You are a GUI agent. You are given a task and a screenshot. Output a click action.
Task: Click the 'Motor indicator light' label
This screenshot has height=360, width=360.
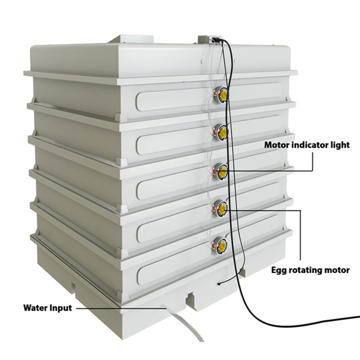pyautogui.click(x=307, y=145)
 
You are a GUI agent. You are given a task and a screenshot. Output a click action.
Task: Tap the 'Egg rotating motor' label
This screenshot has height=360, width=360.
pyautogui.click(x=311, y=270)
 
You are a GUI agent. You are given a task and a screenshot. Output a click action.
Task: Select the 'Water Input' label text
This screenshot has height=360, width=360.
pyautogui.click(x=48, y=308)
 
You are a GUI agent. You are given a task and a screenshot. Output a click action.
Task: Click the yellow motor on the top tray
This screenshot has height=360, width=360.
pyautogui.click(x=223, y=95)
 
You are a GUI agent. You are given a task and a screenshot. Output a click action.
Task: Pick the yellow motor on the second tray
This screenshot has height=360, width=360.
pyautogui.click(x=223, y=132)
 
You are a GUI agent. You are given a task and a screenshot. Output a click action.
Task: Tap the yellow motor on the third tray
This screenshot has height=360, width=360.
pyautogui.click(x=223, y=172)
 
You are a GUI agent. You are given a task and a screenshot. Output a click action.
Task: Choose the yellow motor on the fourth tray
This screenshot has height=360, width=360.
pyautogui.click(x=222, y=208)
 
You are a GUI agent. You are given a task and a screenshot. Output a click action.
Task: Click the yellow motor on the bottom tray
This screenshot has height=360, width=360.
pyautogui.click(x=222, y=245)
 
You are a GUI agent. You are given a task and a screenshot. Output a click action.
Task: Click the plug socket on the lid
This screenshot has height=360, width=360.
pyautogui.click(x=216, y=39)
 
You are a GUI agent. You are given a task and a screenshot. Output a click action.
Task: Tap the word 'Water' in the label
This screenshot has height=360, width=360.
pyautogui.click(x=35, y=307)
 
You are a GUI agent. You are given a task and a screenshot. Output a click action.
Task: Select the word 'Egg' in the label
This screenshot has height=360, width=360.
pyautogui.click(x=279, y=270)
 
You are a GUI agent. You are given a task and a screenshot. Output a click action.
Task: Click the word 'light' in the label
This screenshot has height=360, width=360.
pyautogui.click(x=340, y=145)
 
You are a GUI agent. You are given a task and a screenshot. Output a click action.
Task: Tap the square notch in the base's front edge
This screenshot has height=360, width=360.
pyautogui.click(x=191, y=299)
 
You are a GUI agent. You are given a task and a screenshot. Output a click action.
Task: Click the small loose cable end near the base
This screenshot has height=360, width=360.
pyautogui.click(x=219, y=285)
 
